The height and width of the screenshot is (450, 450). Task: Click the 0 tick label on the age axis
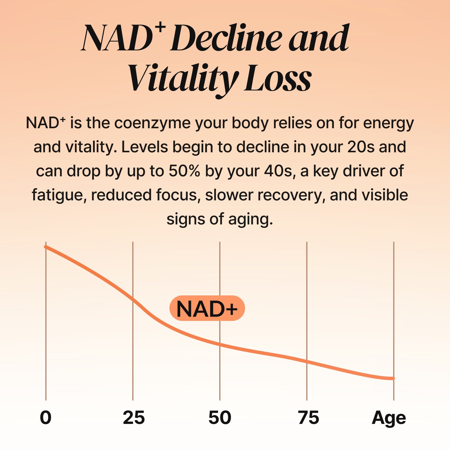[x=46, y=418]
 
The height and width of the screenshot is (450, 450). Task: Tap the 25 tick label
[x=134, y=418]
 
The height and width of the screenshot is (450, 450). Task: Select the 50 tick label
[x=220, y=418]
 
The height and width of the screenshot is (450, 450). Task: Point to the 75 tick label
[x=308, y=418]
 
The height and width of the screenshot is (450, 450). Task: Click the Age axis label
[x=388, y=418]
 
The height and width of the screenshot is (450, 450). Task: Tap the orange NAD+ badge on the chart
[x=207, y=308]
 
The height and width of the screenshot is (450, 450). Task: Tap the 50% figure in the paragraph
[x=184, y=171]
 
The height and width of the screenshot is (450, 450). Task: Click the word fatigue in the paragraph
[x=59, y=195]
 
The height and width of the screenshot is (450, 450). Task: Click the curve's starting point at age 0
[x=46, y=247]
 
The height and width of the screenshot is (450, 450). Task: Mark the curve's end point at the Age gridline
[x=393, y=378]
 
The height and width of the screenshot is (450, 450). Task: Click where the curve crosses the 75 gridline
[x=307, y=362]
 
